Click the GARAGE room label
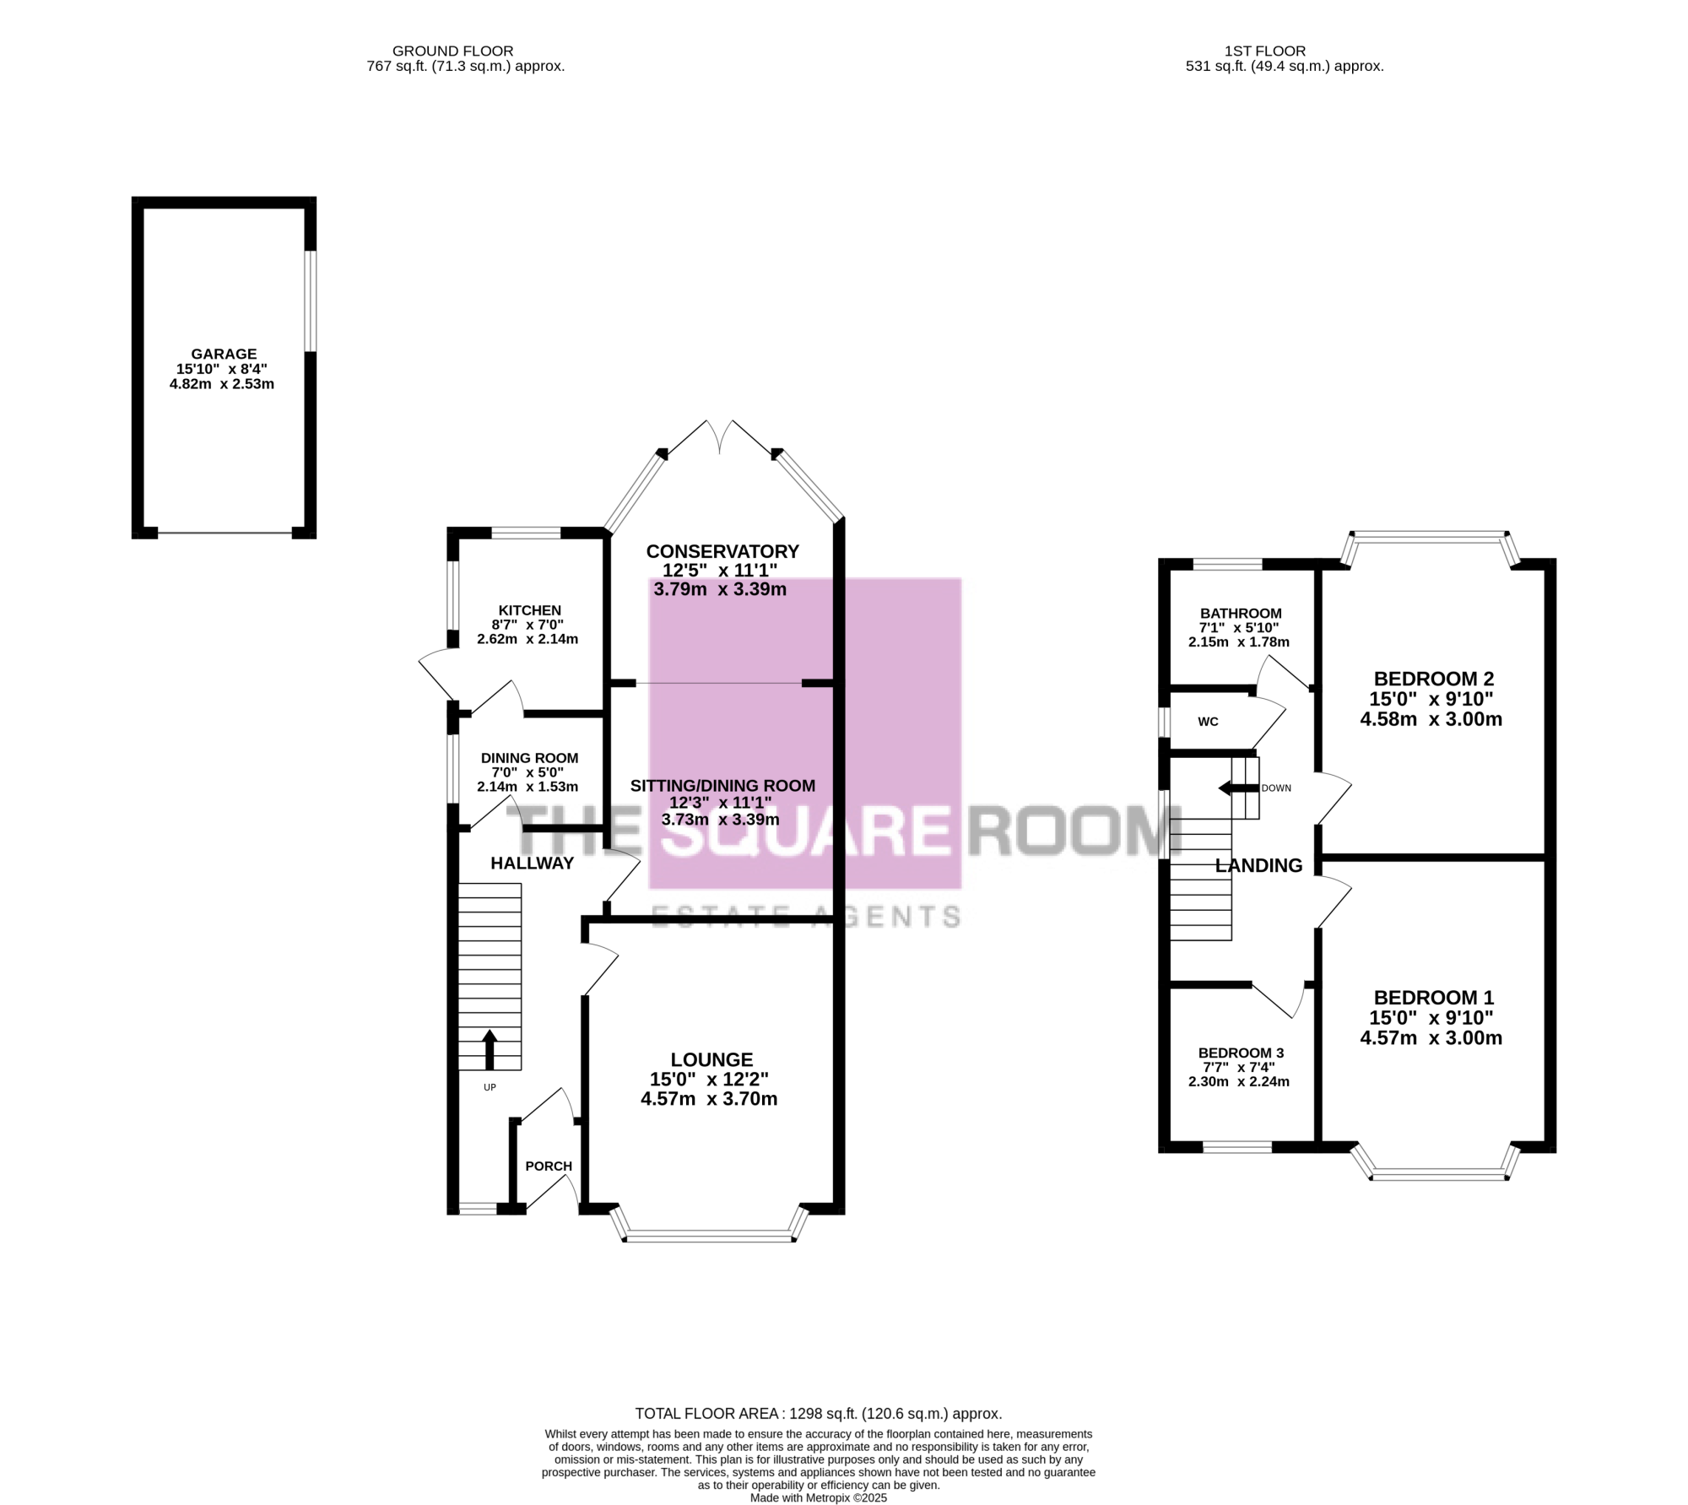pyautogui.click(x=224, y=355)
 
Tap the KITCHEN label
pyautogui.click(x=529, y=610)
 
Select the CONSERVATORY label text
pyautogui.click(x=722, y=551)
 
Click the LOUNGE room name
pyautogui.click(x=711, y=1059)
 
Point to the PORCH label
pyautogui.click(x=549, y=1167)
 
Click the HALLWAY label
pyautogui.click(x=533, y=863)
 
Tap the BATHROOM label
pyautogui.click(x=1241, y=614)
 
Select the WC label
pyautogui.click(x=1209, y=722)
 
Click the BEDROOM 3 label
pyautogui.click(x=1241, y=1053)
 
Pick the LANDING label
pyautogui.click(x=1258, y=865)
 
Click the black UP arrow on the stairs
pyautogui.click(x=489, y=1049)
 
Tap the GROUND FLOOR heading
pyautogui.click(x=452, y=51)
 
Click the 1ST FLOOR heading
pyautogui.click(x=1265, y=51)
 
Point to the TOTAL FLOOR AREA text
pyautogui.click(x=819, y=1413)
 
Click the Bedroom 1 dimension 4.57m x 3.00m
pyautogui.click(x=1431, y=1038)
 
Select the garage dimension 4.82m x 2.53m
pyautogui.click(x=222, y=384)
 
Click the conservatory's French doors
pyautogui.click(x=718, y=439)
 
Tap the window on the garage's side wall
pyautogui.click(x=311, y=300)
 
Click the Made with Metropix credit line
pyautogui.click(x=819, y=1497)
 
